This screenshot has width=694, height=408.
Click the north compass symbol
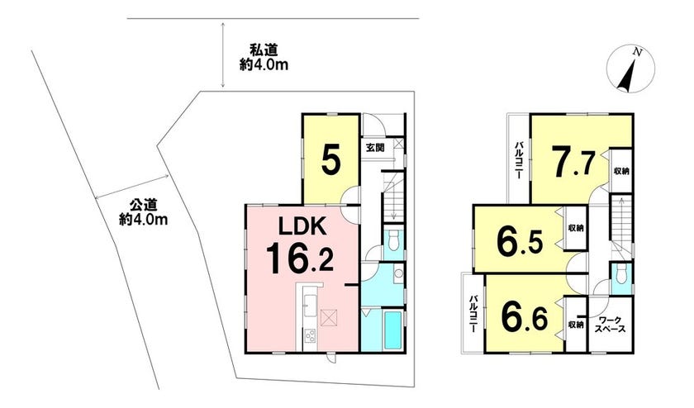coord(630,69)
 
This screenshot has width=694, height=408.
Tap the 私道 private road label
coord(264,50)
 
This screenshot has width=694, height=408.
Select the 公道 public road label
coord(144,205)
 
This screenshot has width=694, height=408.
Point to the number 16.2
coord(299,259)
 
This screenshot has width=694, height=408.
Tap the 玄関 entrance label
coord(375,148)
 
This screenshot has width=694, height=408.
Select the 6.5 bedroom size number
coord(520,242)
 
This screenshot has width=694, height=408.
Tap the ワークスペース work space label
coord(610,325)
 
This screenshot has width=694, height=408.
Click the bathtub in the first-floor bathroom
coord(392,330)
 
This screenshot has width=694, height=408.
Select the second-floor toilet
coord(621,274)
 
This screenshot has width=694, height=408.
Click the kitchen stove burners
coord(309,335)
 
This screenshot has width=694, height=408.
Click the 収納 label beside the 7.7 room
coord(621,171)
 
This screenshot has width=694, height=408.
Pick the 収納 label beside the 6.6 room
coord(576,325)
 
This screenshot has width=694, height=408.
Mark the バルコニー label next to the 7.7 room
coord(518,159)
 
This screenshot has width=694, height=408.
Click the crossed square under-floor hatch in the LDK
coord(329,317)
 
